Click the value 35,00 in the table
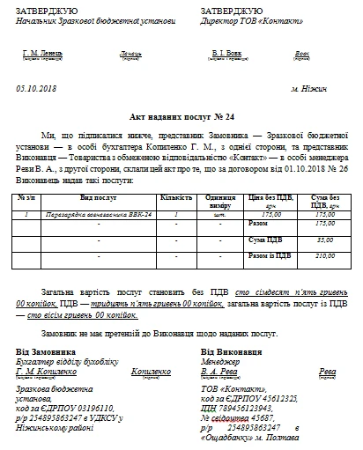[x=325, y=240]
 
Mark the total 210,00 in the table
[x=325, y=256]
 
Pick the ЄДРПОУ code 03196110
[x=91, y=408]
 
